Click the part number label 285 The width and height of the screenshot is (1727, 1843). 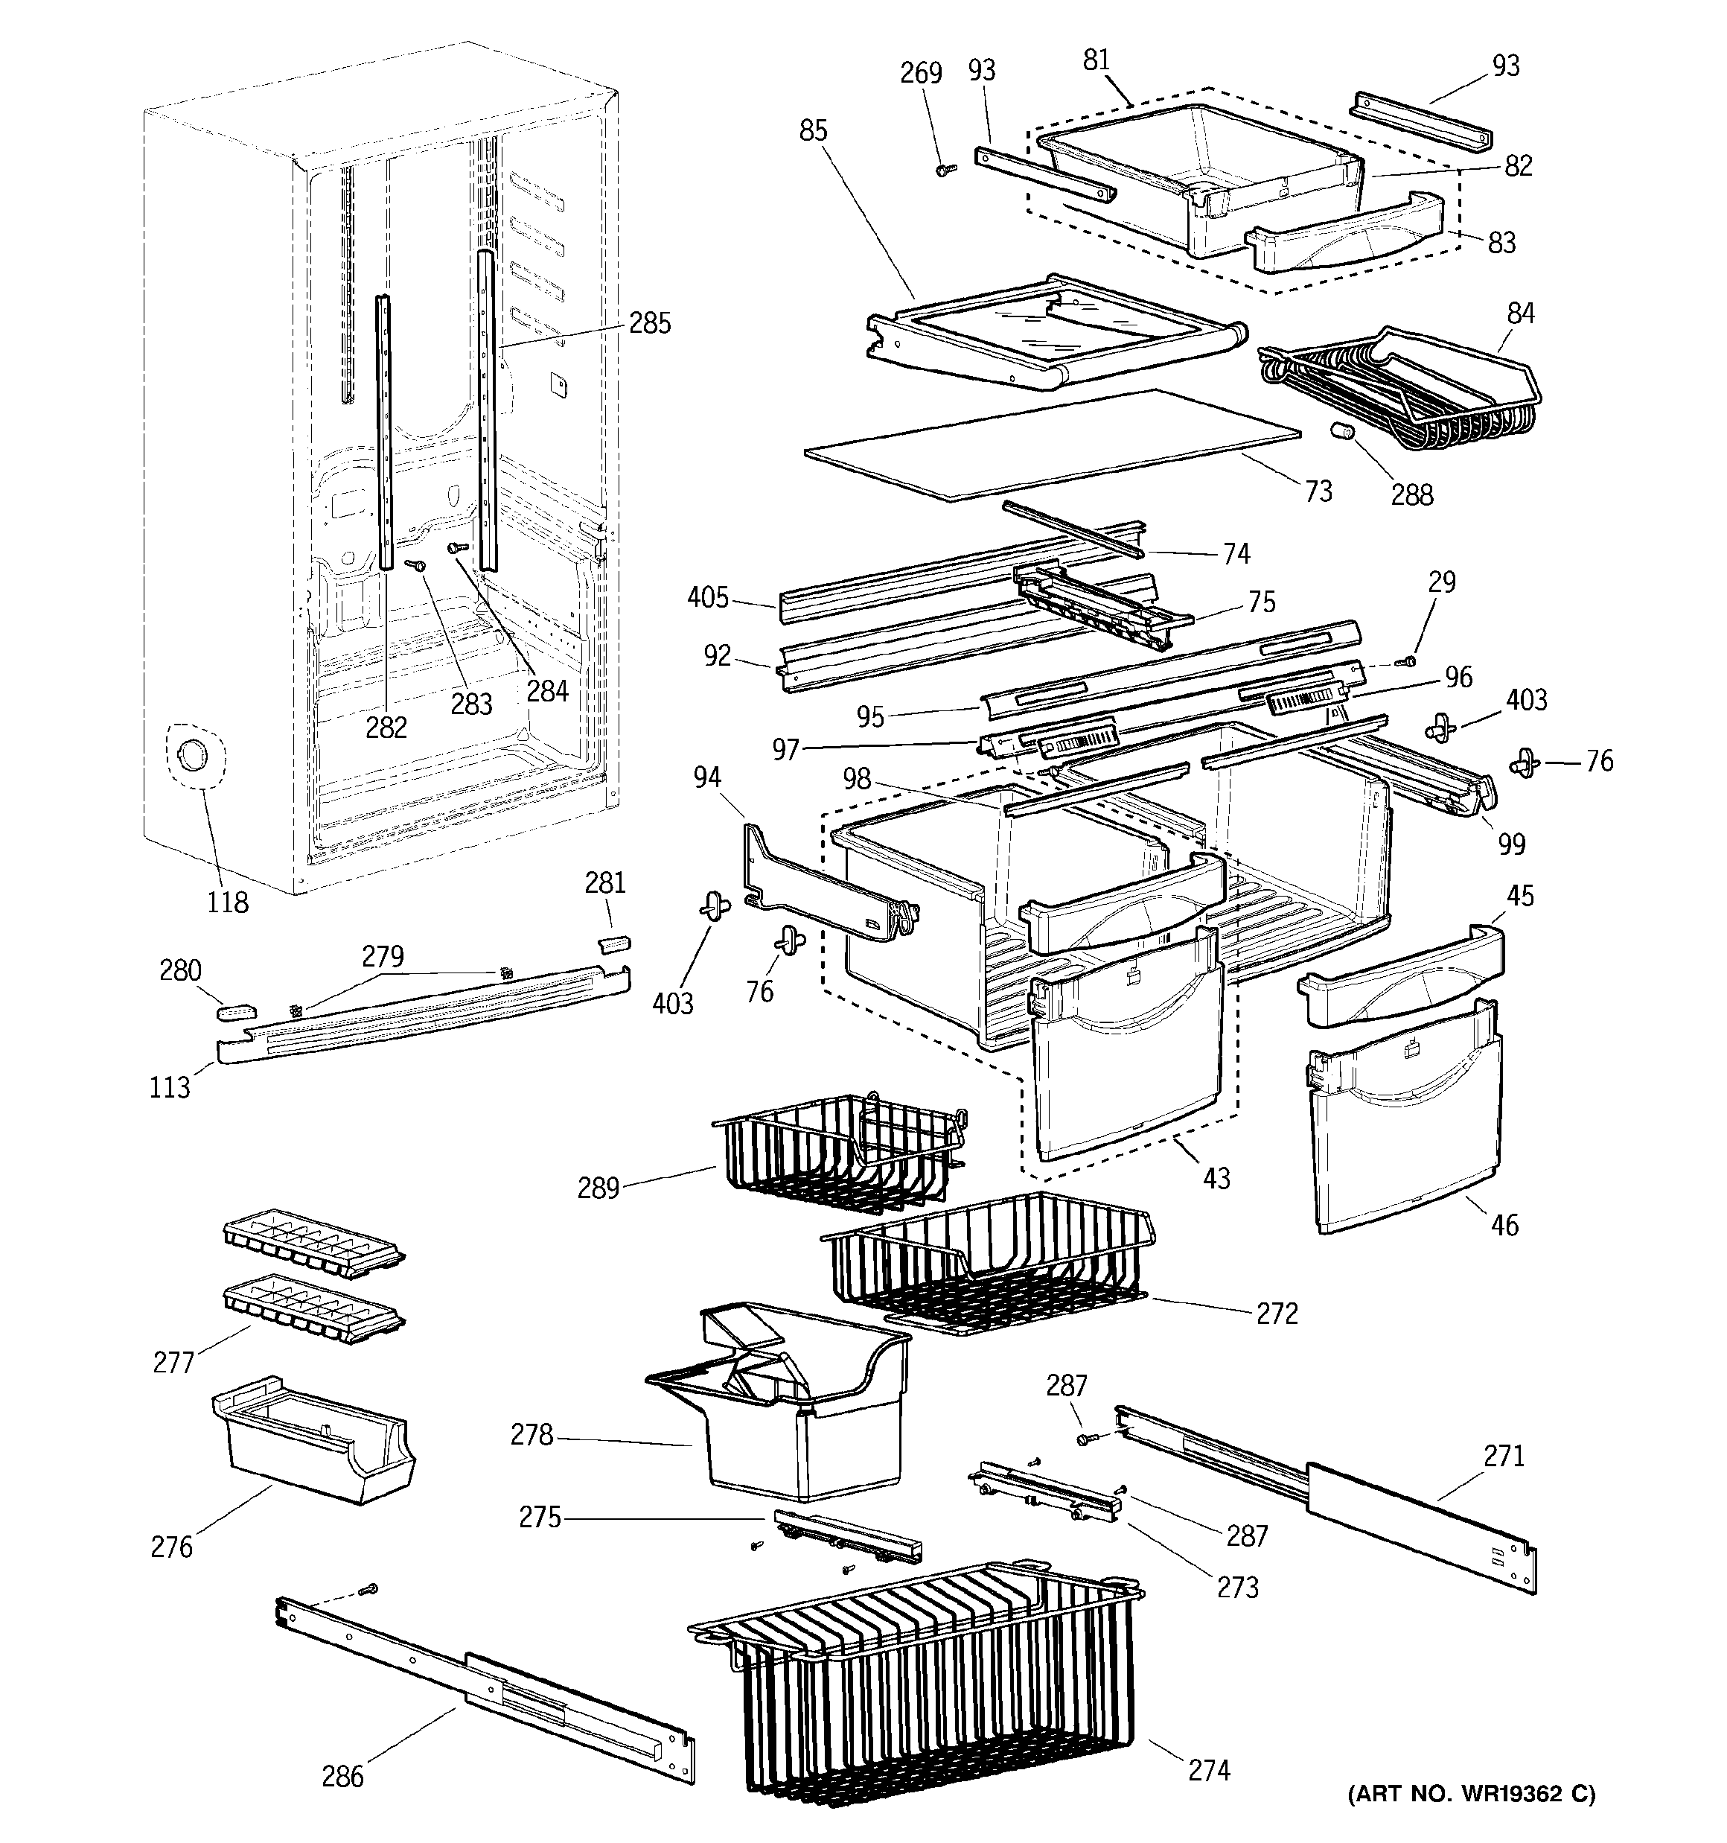coord(649,323)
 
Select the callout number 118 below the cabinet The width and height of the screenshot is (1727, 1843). coord(227,901)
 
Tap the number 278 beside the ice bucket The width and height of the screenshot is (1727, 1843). coord(531,1435)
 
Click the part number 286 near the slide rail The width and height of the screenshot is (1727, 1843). coord(342,1776)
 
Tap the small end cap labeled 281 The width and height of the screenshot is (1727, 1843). coord(613,943)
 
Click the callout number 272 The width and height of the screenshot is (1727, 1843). coord(1277,1314)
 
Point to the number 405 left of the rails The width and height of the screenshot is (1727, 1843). coord(707,598)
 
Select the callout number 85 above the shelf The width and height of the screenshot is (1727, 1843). coord(813,132)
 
